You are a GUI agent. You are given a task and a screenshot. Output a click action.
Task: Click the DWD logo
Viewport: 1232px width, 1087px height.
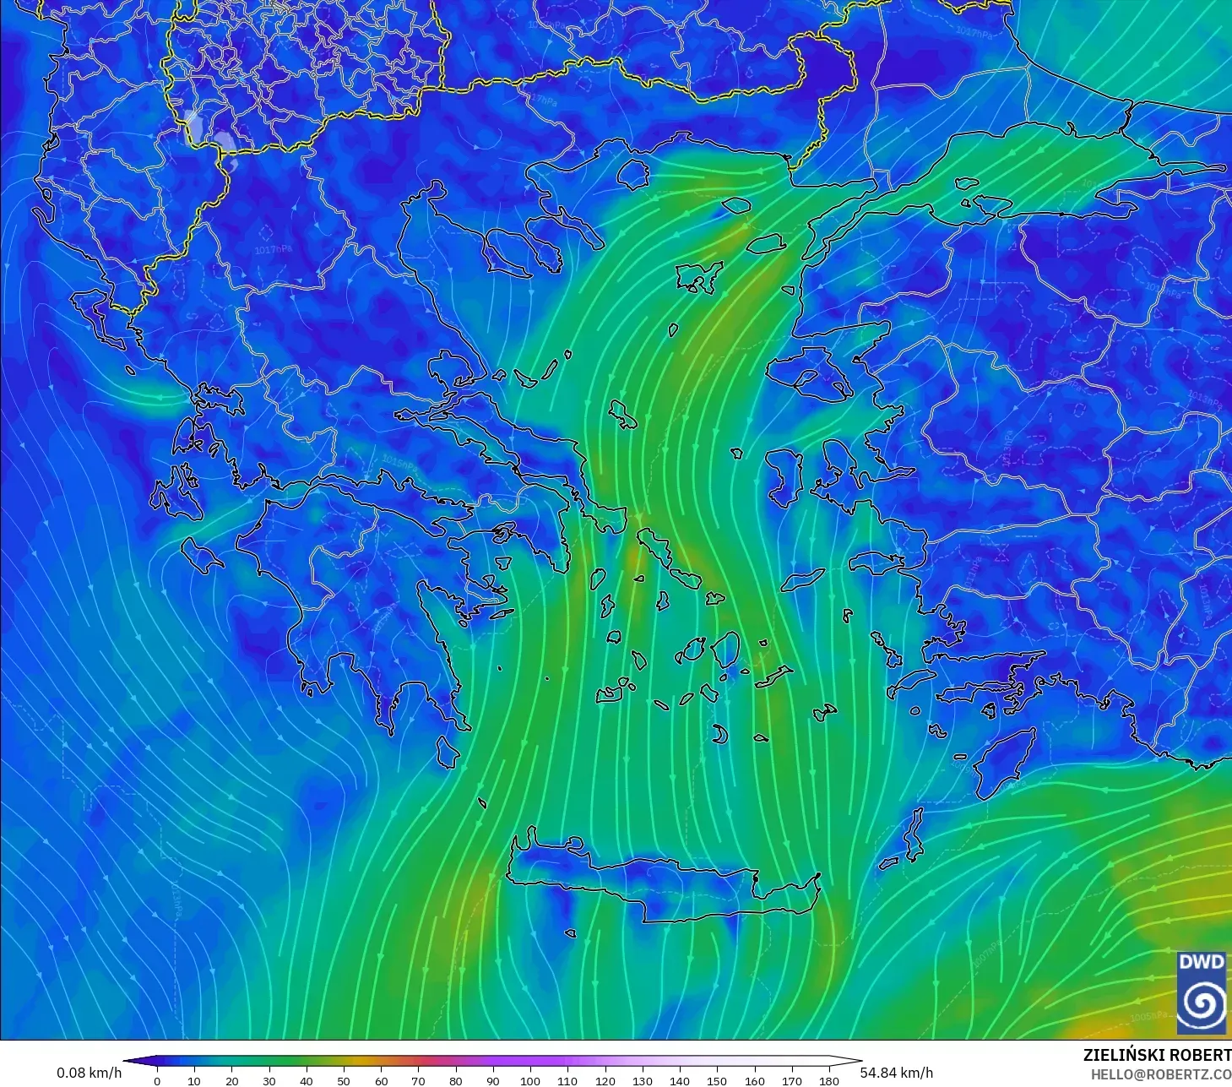[x=1202, y=992]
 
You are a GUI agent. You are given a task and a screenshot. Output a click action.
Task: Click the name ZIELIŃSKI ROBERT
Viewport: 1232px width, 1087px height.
[x=1156, y=1055]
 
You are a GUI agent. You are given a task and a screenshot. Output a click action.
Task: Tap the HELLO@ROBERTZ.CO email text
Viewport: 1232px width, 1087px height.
[x=1160, y=1074]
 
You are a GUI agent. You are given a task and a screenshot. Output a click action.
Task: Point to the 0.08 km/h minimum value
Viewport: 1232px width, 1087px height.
[x=89, y=1073]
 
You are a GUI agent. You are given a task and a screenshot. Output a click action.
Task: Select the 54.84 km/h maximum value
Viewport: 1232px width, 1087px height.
[x=897, y=1073]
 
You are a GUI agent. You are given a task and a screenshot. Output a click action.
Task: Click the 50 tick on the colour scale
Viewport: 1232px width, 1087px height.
[x=344, y=1080]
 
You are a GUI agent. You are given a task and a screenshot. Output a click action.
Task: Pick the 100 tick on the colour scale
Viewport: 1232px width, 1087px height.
[x=530, y=1080]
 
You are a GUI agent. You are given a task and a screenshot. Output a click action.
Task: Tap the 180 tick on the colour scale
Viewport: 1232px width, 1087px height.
[x=829, y=1080]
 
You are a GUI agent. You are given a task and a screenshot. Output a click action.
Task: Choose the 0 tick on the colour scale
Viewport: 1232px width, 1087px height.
[x=157, y=1080]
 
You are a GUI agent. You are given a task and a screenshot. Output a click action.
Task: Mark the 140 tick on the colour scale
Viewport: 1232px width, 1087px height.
[x=680, y=1080]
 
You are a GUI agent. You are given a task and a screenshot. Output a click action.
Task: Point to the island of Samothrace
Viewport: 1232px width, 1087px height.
[x=736, y=204]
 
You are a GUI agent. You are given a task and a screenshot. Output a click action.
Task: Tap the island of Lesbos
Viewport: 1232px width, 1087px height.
[x=806, y=374]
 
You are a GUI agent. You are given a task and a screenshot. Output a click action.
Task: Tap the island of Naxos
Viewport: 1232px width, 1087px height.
[x=726, y=650]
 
